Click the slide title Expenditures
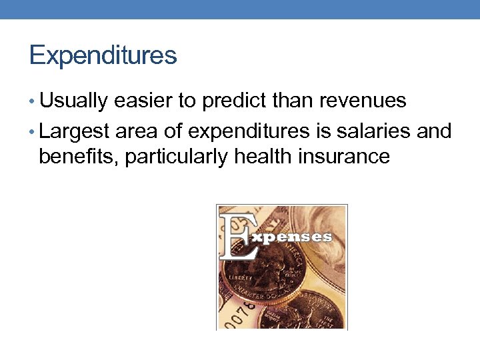click(x=103, y=55)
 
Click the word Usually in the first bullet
click(x=73, y=101)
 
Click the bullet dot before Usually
click(x=33, y=102)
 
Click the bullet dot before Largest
click(x=33, y=131)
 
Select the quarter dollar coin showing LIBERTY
click(x=263, y=273)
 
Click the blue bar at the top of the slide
click(x=240, y=9)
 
